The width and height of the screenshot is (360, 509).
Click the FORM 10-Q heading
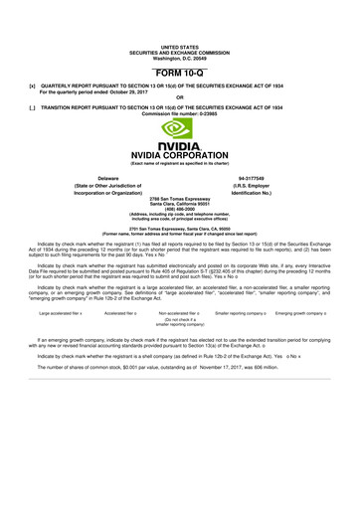coord(179,75)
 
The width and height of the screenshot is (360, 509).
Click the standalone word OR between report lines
coord(179,96)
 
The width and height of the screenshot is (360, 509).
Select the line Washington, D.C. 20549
coord(179,57)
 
